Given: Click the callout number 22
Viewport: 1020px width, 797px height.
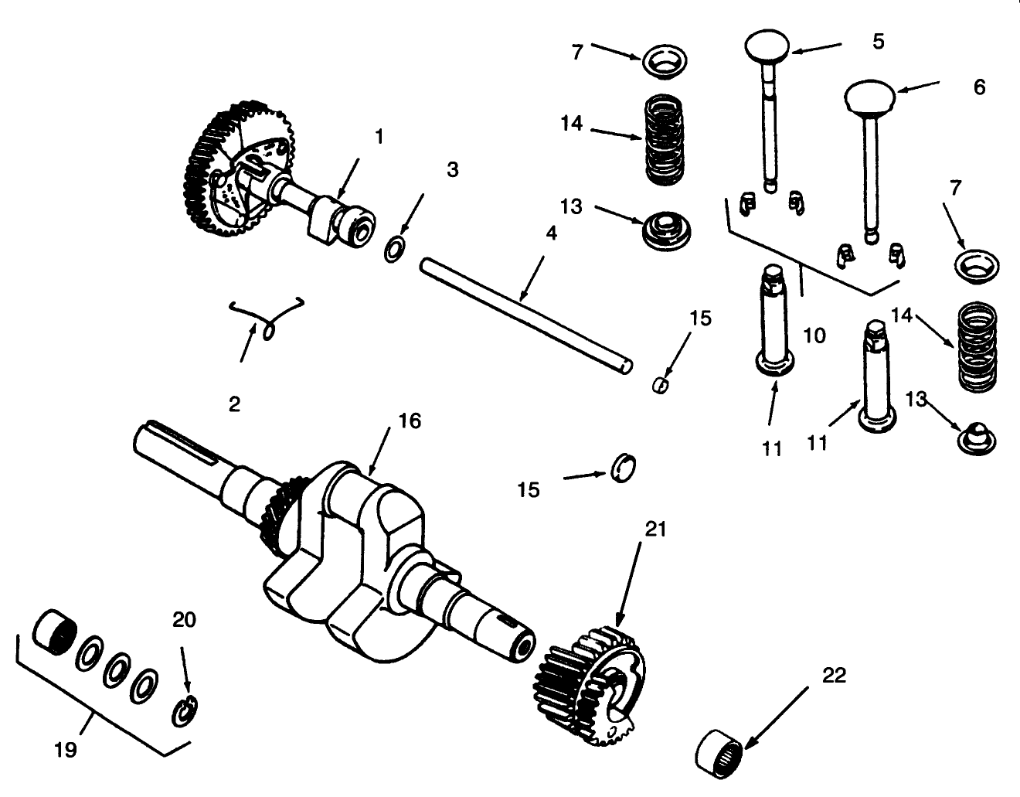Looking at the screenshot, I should (x=834, y=676).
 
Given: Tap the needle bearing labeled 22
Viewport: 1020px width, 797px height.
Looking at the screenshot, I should (x=718, y=749).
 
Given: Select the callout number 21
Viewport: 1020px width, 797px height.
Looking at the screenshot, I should (x=654, y=530).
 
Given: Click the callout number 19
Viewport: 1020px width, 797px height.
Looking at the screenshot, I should (x=66, y=749).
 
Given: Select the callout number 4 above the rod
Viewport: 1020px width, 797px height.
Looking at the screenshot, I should (x=550, y=233).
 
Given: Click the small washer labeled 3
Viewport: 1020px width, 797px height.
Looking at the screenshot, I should (x=394, y=250).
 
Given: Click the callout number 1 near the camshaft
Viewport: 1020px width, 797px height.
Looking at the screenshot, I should (x=379, y=137).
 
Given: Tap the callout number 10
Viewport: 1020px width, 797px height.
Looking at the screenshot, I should (x=814, y=335).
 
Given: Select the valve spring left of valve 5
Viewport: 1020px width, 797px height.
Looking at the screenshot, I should (x=665, y=139).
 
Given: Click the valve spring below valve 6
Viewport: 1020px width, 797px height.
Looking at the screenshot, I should (x=977, y=346).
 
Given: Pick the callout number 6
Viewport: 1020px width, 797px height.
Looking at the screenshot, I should (x=979, y=87).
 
